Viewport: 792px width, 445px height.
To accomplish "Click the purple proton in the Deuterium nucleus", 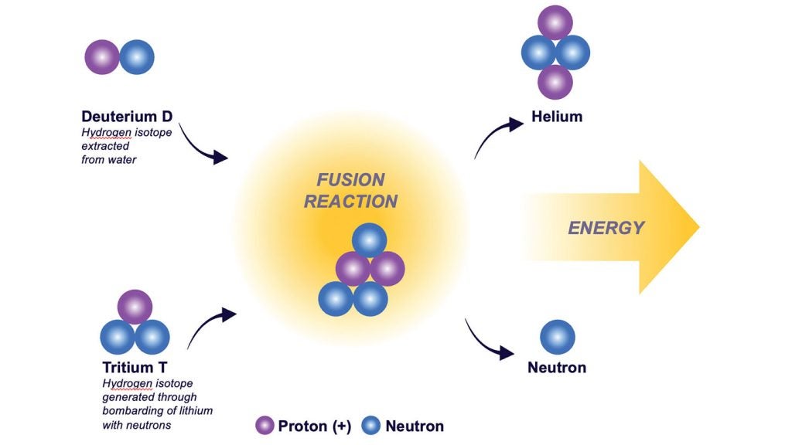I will [x=102, y=57].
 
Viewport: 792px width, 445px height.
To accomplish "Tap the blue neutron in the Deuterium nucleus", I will [x=137, y=57].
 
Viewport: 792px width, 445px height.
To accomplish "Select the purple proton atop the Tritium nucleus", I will [x=135, y=307].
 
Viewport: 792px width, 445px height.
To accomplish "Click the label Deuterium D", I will [x=127, y=117].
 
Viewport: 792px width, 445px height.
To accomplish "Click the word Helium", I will [x=557, y=117].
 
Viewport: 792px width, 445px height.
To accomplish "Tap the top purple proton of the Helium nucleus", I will [x=555, y=22].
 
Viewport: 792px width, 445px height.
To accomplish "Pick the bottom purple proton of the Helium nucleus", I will [x=555, y=82].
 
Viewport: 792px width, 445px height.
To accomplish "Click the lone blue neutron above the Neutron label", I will [x=557, y=338].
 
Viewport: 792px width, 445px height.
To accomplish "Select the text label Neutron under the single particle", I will [x=557, y=367].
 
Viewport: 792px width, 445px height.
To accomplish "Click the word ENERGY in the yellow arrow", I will [x=606, y=227].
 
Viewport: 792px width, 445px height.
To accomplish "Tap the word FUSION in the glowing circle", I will [x=350, y=180].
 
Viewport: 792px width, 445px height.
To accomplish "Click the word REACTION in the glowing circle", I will [x=350, y=202].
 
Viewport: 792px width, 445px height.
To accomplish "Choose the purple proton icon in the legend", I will [x=265, y=425].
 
